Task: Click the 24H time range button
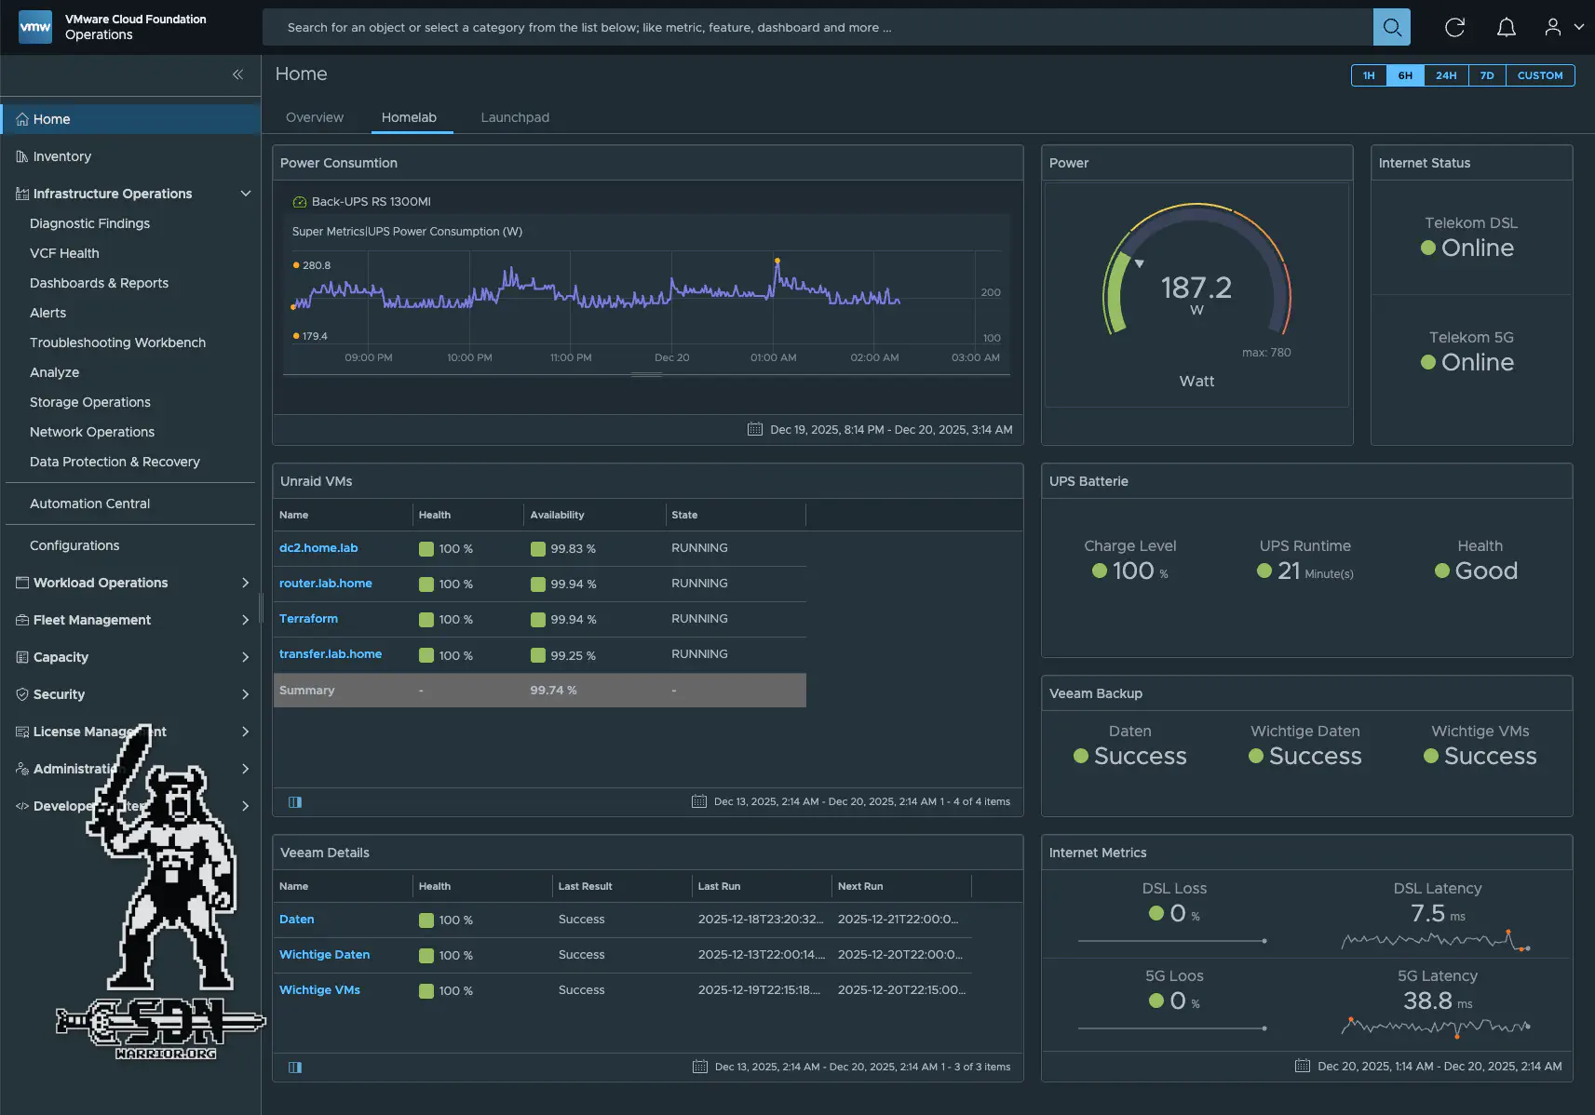pyautogui.click(x=1445, y=75)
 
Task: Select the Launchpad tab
pyautogui.click(x=515, y=117)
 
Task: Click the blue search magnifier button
pyautogui.click(x=1391, y=27)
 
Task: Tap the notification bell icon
pyautogui.click(x=1506, y=27)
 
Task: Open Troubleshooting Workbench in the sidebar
pyautogui.click(x=117, y=343)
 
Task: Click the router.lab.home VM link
pyautogui.click(x=325, y=584)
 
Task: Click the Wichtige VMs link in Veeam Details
pyautogui.click(x=319, y=990)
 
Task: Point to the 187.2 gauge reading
pyautogui.click(x=1196, y=288)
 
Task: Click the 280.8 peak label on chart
pyautogui.click(x=316, y=265)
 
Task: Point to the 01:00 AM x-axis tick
pyautogui.click(x=773, y=357)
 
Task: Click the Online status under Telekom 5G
pyautogui.click(x=1477, y=362)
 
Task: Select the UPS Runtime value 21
pyautogui.click(x=1289, y=571)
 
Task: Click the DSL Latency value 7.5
pyautogui.click(x=1427, y=913)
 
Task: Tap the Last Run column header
pyautogui.click(x=719, y=886)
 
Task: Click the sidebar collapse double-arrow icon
pyautogui.click(x=237, y=74)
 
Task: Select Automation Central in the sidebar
pyautogui.click(x=89, y=504)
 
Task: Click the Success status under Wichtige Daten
pyautogui.click(x=1314, y=756)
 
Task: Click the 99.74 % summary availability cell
pyautogui.click(x=553, y=691)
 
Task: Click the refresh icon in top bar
pyautogui.click(x=1454, y=27)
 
